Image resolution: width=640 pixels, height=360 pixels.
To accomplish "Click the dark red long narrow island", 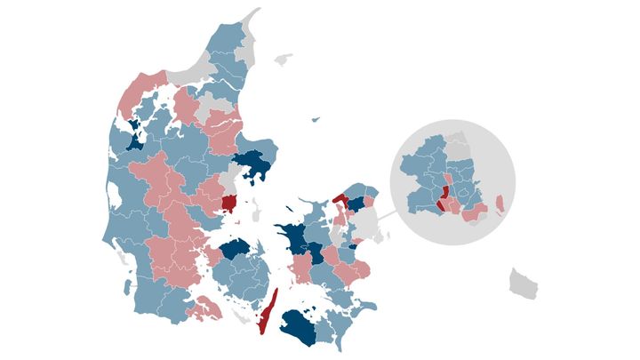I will pyautogui.click(x=268, y=311).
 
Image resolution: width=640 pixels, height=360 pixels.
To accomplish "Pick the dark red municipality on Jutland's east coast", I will pyautogui.click(x=229, y=204).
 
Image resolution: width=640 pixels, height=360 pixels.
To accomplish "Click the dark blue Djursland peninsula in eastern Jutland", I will pyautogui.click(x=252, y=164).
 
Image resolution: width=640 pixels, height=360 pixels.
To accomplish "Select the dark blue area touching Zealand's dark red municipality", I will pyautogui.click(x=356, y=204).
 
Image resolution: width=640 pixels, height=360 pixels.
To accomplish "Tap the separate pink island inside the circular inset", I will pyautogui.click(x=500, y=205).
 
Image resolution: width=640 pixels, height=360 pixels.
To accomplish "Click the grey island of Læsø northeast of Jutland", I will pyautogui.click(x=283, y=60).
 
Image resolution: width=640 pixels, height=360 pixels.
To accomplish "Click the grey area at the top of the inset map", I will pyautogui.click(x=457, y=146).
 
